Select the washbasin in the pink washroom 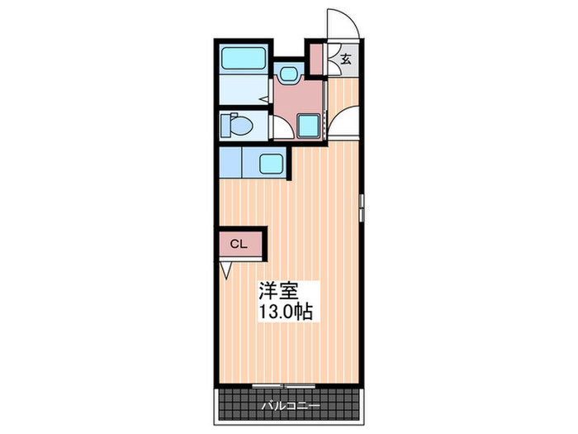point(288,74)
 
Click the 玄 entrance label point(346,59)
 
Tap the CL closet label point(238,244)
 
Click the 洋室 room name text point(277,291)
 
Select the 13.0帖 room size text point(286,314)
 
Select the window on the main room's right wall point(362,206)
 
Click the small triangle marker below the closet point(225,269)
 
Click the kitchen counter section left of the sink point(230,162)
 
